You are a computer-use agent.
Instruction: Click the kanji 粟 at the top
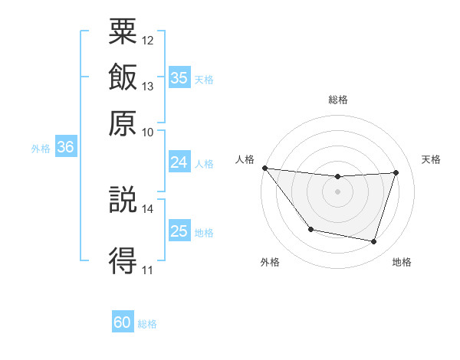[x=123, y=32]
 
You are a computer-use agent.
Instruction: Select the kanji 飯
[x=123, y=77]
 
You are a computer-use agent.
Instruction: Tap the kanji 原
[x=123, y=123]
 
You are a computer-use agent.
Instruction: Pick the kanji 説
[x=123, y=200]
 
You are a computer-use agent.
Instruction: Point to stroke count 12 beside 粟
[x=148, y=40]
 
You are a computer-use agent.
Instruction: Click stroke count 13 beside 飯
[x=148, y=86]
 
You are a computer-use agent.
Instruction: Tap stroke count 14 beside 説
[x=148, y=208]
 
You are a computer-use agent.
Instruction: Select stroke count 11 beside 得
[x=148, y=270]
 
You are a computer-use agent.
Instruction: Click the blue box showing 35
[x=179, y=78]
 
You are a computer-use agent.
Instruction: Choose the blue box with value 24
[x=179, y=162]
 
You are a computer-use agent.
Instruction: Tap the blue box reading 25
[x=179, y=231]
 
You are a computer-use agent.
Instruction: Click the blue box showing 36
[x=65, y=148]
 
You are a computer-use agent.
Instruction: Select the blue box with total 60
[x=123, y=322]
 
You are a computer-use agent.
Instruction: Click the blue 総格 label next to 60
[x=147, y=324]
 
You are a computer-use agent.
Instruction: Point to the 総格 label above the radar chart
[x=338, y=100]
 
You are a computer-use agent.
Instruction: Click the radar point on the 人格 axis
[x=264, y=168]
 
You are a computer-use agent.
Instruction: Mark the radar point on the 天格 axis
[x=396, y=172]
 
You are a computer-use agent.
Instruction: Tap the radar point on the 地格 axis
[x=373, y=241]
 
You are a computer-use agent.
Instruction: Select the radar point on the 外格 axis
[x=310, y=229]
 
